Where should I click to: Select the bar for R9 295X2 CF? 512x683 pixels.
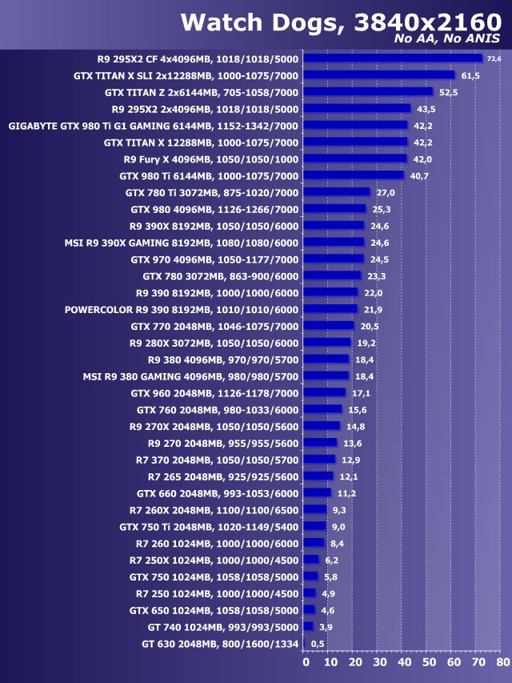394,58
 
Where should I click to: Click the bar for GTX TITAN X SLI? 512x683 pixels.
380,75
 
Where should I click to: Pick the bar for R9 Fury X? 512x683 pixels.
356,159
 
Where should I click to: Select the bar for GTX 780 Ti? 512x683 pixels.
338,192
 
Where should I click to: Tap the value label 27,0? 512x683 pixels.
386,192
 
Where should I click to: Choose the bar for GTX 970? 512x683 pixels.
334,259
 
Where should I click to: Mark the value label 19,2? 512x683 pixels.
366,343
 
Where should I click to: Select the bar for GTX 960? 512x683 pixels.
326,392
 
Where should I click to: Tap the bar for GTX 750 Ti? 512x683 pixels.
316,526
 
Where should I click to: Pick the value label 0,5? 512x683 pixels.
318,644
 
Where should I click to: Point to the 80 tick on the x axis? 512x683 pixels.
502,662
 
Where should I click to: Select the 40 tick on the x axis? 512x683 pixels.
404,662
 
